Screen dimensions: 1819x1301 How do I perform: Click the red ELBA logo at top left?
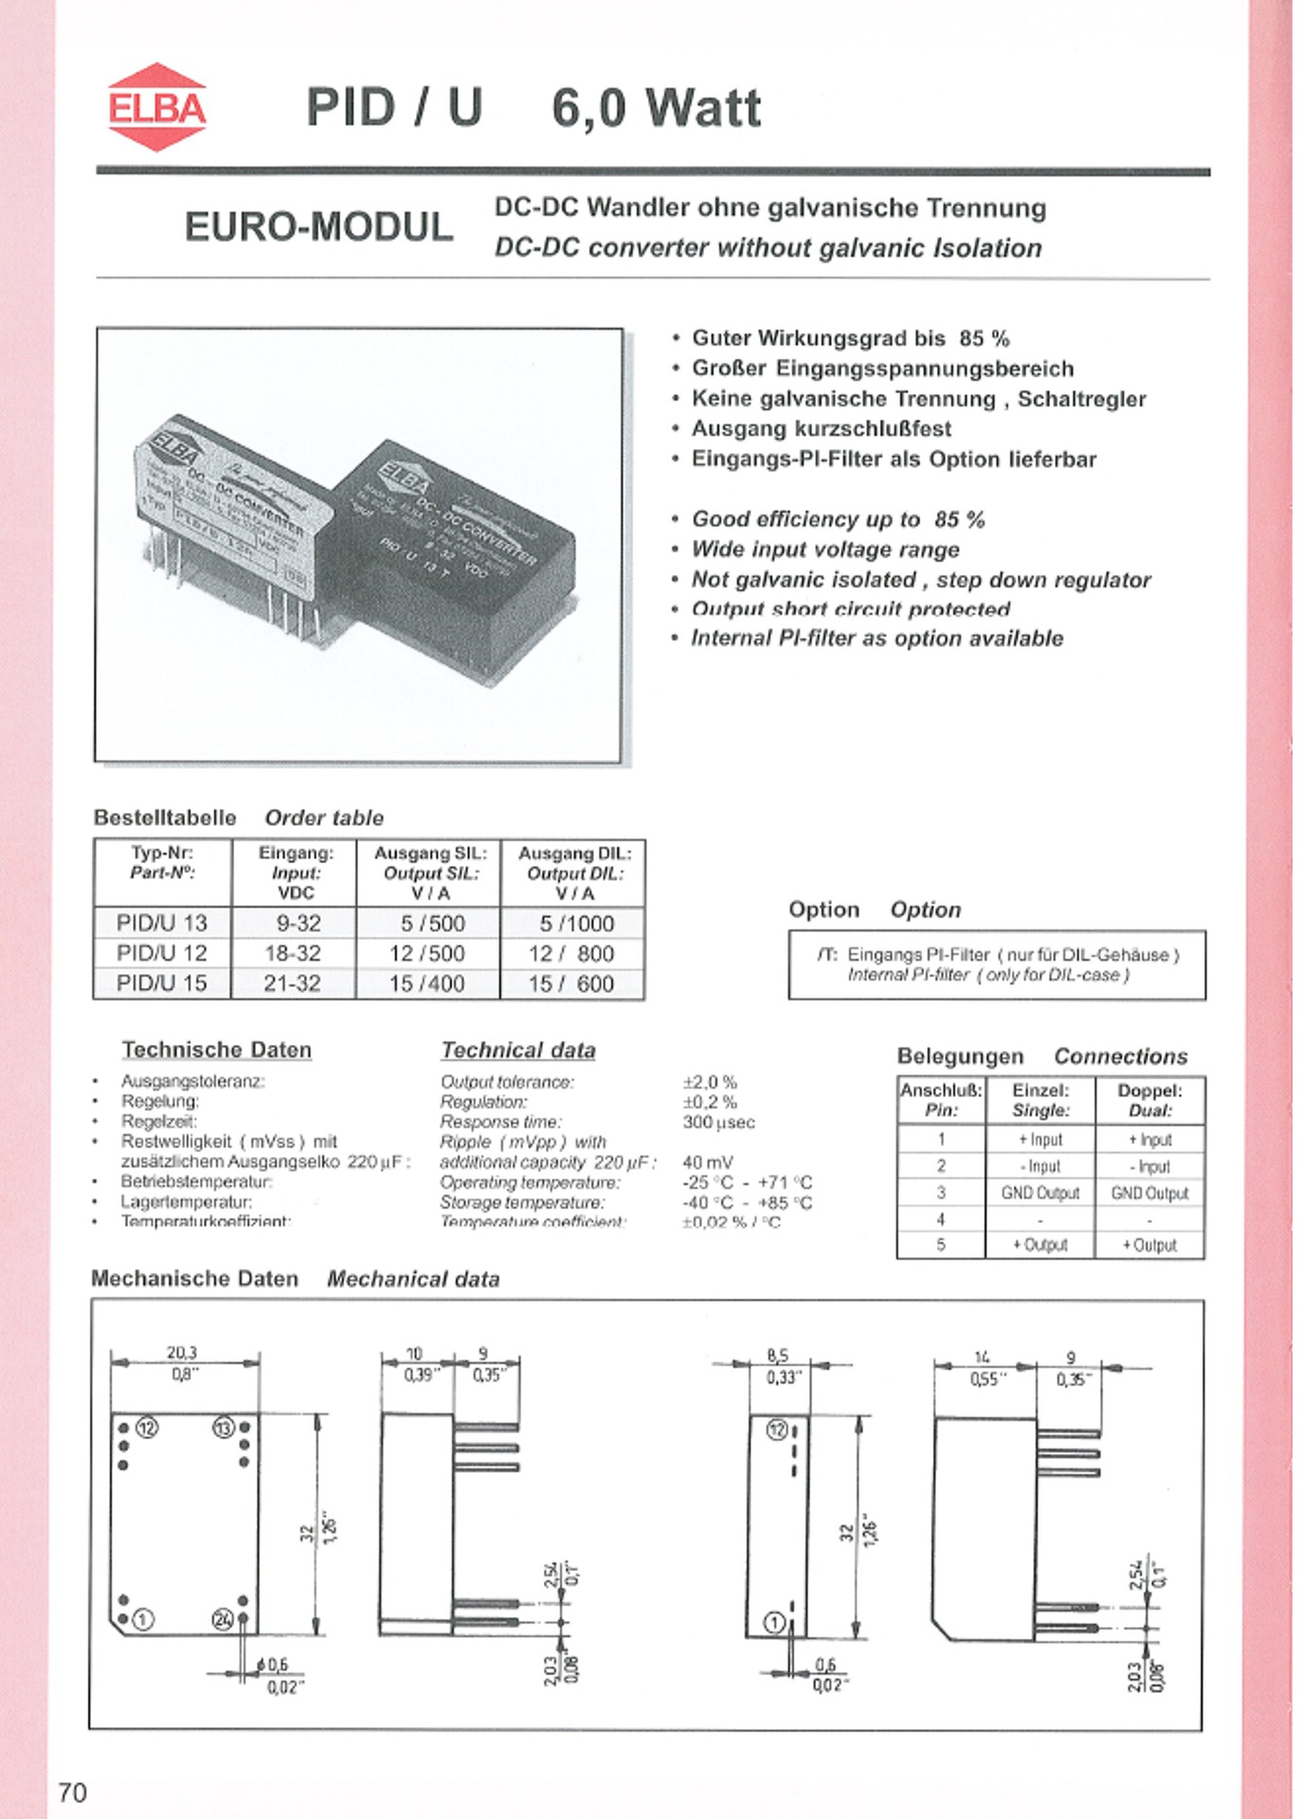[x=156, y=108]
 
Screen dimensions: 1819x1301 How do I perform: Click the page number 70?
[x=72, y=1792]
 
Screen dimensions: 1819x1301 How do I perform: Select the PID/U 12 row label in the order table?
[x=161, y=953]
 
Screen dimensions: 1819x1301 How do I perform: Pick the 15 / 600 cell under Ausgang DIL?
[x=571, y=984]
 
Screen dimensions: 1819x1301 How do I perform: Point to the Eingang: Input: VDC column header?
[x=296, y=873]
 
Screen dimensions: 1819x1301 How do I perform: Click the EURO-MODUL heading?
[x=318, y=227]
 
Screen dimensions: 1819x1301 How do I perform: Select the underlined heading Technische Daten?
[x=216, y=1050]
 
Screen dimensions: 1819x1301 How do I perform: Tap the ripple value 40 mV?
[x=707, y=1162]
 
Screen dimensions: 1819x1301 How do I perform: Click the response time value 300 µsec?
[x=718, y=1123]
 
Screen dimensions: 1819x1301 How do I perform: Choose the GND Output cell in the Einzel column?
[x=1039, y=1194]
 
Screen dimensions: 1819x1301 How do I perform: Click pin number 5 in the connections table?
[x=941, y=1245]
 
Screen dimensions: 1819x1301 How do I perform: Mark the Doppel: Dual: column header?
[x=1149, y=1100]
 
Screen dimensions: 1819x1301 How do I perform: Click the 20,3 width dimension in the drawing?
[x=182, y=1353]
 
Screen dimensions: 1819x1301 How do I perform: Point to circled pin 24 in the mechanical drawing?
[x=222, y=1620]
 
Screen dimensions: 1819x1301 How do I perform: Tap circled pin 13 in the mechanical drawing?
[x=224, y=1428]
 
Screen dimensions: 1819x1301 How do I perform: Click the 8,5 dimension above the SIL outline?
[x=777, y=1356]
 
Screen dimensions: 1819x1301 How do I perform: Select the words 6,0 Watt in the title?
[x=656, y=108]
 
